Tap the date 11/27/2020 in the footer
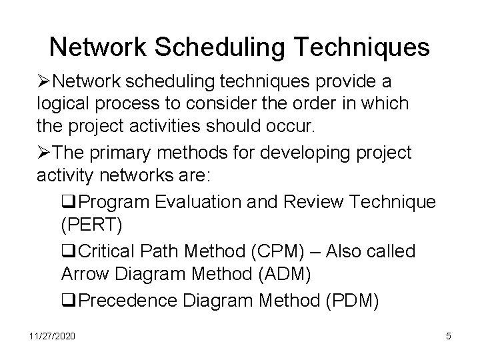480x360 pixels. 52,336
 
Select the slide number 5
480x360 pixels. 449,336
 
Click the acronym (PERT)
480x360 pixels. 91,225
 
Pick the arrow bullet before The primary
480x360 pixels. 43,153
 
